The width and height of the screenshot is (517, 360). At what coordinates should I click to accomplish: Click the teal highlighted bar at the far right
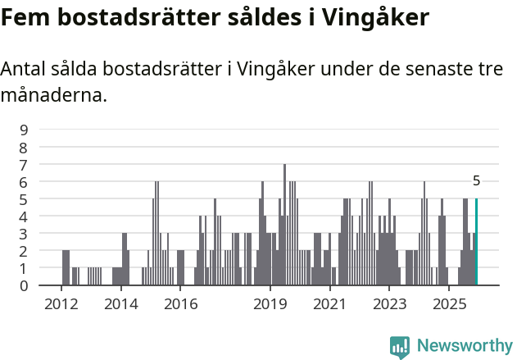tap(476, 242)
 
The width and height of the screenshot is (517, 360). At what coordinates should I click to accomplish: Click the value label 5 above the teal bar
tap(476, 181)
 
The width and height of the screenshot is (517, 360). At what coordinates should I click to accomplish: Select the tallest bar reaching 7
tap(284, 226)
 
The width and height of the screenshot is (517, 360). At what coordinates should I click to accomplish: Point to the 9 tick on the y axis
tap(24, 130)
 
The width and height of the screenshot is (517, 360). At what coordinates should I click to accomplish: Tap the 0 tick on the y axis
tap(24, 285)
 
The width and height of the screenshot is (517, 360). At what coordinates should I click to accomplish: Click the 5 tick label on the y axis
tap(24, 198)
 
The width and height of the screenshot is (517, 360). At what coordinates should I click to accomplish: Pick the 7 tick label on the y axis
tap(24, 164)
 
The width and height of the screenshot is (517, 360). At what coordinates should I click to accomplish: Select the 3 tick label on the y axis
tap(24, 234)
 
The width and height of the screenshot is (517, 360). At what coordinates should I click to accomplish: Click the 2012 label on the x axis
tap(61, 305)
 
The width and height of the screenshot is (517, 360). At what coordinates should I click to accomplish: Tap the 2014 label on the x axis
tap(121, 305)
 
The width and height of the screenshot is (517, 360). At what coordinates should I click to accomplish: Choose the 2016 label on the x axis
tap(181, 305)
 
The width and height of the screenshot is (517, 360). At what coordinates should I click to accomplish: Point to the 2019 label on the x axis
tap(270, 305)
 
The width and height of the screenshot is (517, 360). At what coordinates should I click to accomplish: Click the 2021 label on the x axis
tap(330, 305)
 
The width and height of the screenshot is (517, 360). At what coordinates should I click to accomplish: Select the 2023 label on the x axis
tap(390, 305)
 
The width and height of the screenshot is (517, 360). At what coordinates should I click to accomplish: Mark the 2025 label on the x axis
tap(449, 305)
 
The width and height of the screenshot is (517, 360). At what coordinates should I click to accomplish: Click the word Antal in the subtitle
tap(24, 69)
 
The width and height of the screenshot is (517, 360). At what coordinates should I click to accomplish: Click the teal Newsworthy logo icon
tap(400, 347)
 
